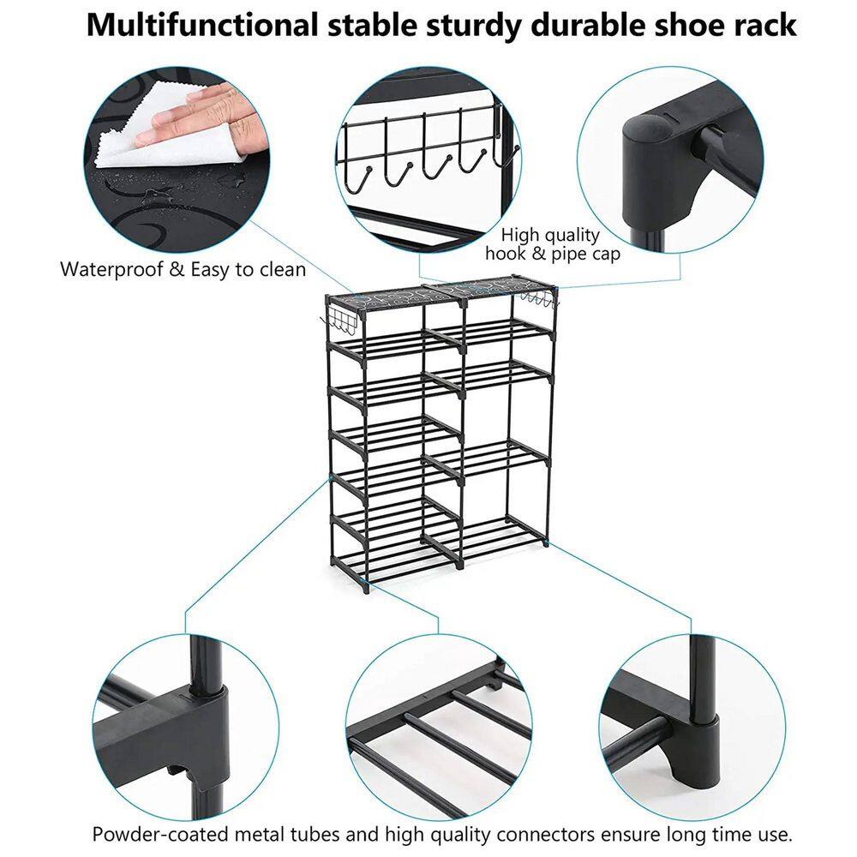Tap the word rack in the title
click(764, 25)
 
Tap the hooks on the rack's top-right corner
click(539, 298)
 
